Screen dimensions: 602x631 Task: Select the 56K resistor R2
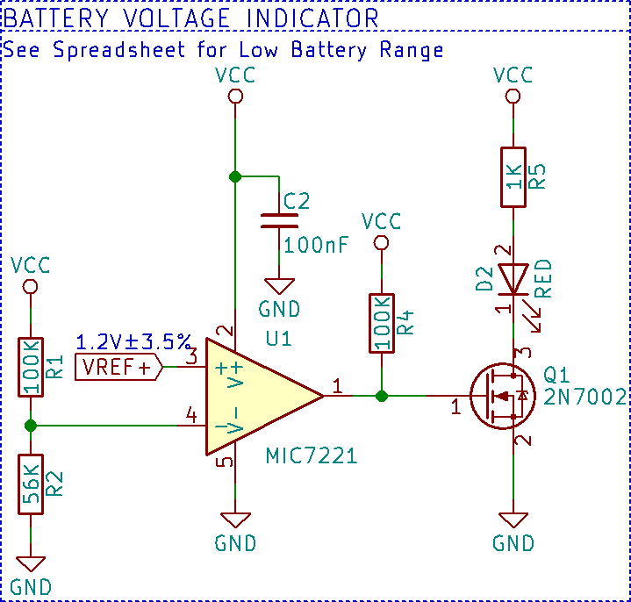coord(30,483)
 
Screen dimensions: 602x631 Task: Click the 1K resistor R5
coord(513,177)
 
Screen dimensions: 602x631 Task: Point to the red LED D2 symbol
coord(513,280)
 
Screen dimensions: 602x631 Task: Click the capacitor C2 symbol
coord(281,219)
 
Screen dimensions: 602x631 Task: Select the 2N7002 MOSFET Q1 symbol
coord(501,396)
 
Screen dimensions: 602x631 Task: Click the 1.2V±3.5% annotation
coord(133,340)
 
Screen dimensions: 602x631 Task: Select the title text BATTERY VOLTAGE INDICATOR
coord(191,18)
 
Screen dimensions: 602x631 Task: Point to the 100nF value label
coord(316,245)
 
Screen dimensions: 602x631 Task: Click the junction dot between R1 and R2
coord(31,426)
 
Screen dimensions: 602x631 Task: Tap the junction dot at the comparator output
coord(382,396)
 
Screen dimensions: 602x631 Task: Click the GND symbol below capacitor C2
coord(281,286)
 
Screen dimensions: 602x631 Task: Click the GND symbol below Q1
coord(513,520)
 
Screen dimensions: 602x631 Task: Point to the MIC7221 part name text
coord(311,456)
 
